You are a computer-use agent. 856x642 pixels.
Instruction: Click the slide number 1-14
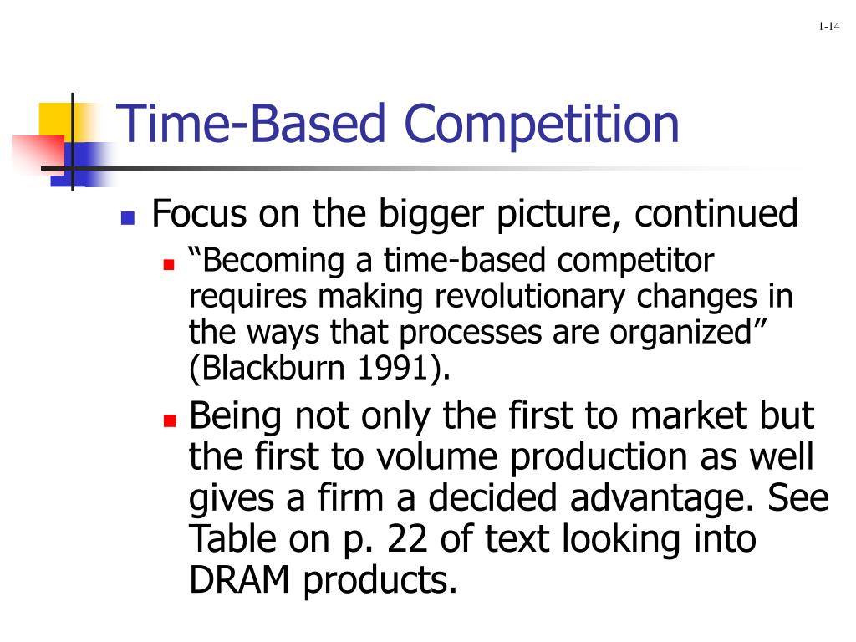coord(828,28)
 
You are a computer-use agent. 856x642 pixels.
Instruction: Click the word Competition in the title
coord(543,123)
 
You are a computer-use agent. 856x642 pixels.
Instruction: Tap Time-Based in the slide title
coord(251,123)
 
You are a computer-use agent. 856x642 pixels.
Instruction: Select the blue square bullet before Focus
coord(128,219)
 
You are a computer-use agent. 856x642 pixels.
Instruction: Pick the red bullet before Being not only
coord(169,420)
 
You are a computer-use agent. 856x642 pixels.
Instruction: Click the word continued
coord(716,215)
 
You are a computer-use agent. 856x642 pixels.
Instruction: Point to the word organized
coord(690,333)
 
